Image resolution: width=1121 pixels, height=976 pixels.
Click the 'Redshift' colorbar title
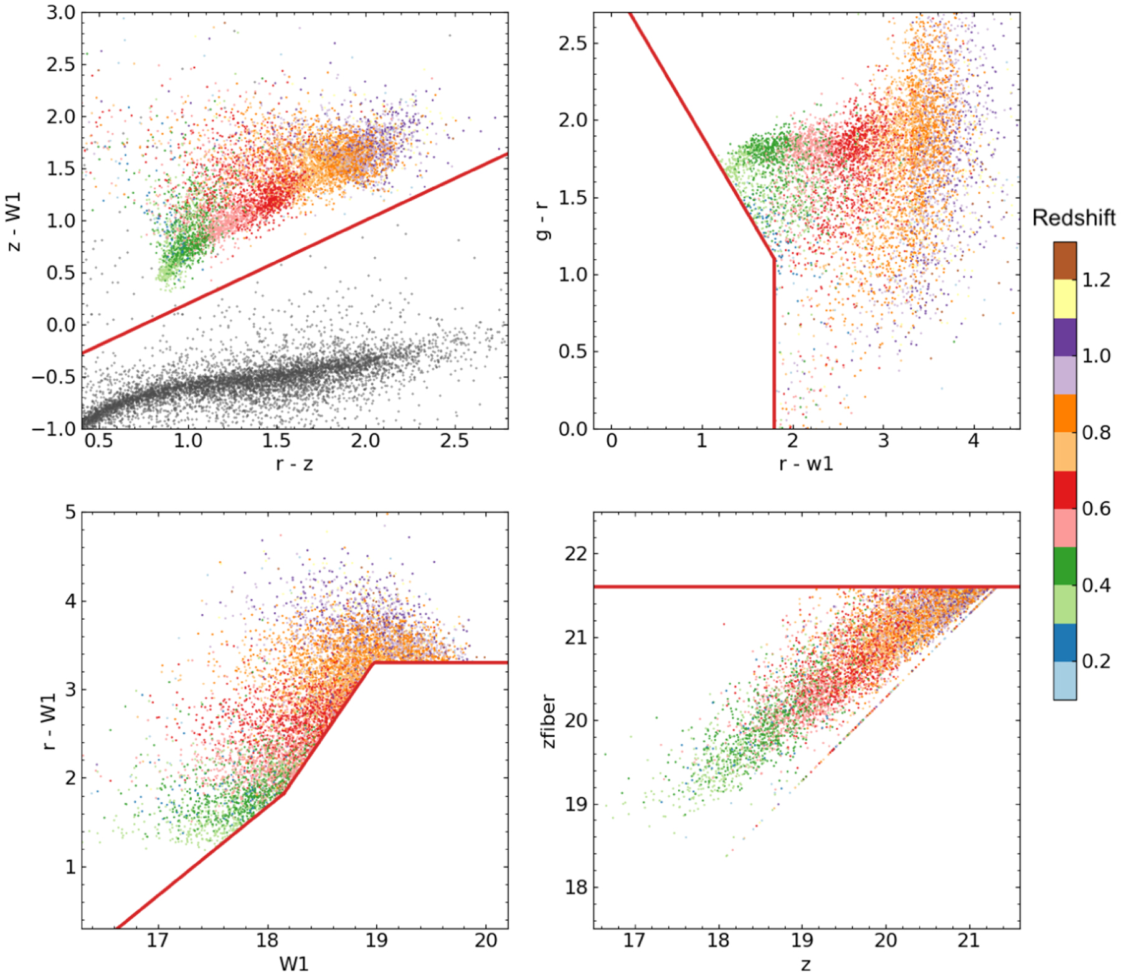(1073, 218)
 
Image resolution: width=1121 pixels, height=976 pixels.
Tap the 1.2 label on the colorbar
(1096, 280)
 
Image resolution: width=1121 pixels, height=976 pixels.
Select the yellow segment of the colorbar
(1065, 299)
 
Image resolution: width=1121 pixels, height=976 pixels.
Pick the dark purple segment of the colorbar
(1065, 337)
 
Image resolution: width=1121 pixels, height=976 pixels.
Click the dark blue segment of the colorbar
(1065, 642)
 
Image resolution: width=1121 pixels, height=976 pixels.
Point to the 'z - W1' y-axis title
(14, 222)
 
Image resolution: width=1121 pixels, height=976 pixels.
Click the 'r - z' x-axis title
(294, 463)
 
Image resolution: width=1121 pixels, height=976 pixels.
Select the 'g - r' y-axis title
(543, 222)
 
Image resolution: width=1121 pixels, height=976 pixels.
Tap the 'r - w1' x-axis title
(806, 463)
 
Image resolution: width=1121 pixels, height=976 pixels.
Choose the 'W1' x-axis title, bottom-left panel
(294, 964)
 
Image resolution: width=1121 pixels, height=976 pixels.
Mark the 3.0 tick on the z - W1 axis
(60, 12)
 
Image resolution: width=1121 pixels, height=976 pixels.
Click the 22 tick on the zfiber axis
(575, 554)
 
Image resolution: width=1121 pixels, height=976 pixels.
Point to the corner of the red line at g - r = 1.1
(774, 259)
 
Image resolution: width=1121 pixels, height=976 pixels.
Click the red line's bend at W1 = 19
(374, 663)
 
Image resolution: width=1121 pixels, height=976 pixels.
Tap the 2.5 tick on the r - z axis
(454, 441)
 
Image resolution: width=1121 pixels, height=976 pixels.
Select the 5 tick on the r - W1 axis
(70, 513)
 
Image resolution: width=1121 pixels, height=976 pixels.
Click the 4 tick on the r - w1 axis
(973, 441)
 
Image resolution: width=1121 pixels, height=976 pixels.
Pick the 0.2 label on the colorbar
(1096, 661)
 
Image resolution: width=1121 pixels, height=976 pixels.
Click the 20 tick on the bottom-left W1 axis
(486, 940)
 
